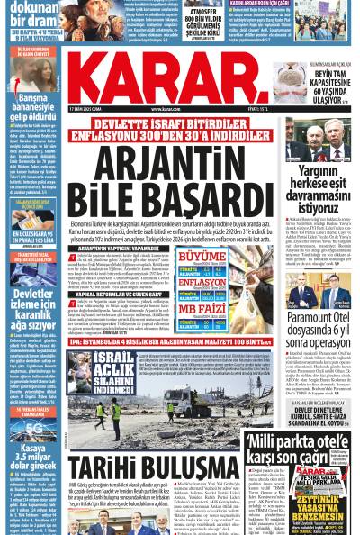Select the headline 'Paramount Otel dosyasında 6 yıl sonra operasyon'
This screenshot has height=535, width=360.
318,324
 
